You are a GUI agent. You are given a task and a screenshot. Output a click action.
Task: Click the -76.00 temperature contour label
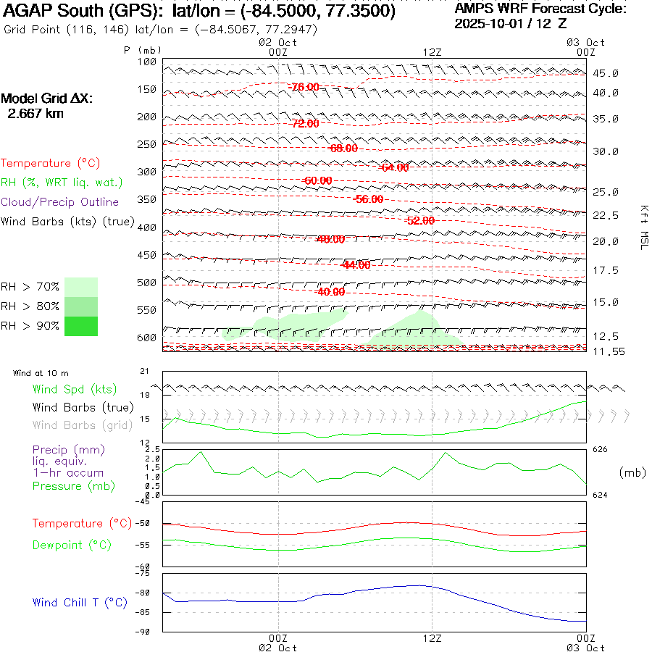pyautogui.click(x=304, y=87)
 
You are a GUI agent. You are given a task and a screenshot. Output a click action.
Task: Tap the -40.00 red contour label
pyautogui.click(x=331, y=292)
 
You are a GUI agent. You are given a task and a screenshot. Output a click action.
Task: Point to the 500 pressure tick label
pyautogui.click(x=148, y=283)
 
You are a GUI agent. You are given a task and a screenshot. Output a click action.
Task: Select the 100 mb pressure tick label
pyautogui.click(x=148, y=62)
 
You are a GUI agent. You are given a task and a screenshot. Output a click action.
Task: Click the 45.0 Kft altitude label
pyautogui.click(x=605, y=74)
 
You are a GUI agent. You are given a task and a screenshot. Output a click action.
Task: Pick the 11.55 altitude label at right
pyautogui.click(x=605, y=351)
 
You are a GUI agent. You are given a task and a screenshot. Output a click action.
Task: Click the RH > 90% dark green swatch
pyautogui.click(x=81, y=327)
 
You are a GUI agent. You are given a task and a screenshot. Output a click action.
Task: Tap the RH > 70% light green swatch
pyautogui.click(x=81, y=287)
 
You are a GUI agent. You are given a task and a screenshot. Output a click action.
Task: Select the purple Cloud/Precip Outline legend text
pyautogui.click(x=60, y=201)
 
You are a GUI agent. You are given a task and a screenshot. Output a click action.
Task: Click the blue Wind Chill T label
pyautogui.click(x=80, y=603)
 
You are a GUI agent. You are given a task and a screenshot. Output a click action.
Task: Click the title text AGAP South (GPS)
pyautogui.click(x=85, y=12)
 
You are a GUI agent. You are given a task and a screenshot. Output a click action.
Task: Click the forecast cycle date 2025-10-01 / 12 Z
pyautogui.click(x=510, y=23)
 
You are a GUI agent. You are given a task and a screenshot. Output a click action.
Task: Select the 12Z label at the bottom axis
pyautogui.click(x=432, y=639)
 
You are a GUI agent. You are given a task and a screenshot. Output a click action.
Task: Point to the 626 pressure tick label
pyautogui.click(x=600, y=450)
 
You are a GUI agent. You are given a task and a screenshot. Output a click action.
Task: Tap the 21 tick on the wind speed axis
pyautogui.click(x=144, y=372)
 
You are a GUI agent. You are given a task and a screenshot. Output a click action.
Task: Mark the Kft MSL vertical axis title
pyautogui.click(x=643, y=227)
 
